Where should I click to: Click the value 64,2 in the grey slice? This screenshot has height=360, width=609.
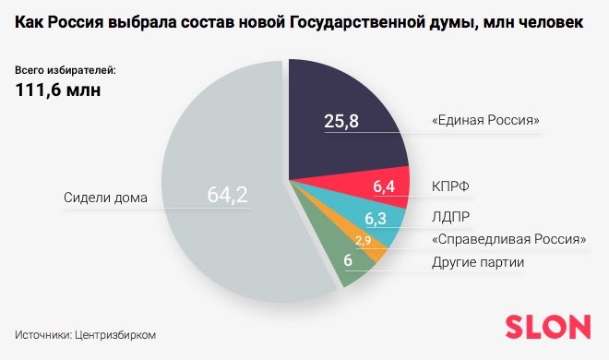(227, 196)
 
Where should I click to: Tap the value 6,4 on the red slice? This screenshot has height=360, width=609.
(385, 187)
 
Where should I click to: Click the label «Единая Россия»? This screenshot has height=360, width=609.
(484, 121)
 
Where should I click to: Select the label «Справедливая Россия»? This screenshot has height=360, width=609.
(509, 241)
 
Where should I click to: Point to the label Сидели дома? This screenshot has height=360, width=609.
(106, 197)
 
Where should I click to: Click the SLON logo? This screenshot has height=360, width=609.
(547, 327)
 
